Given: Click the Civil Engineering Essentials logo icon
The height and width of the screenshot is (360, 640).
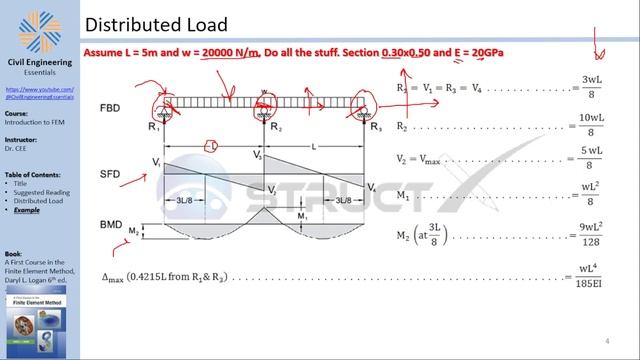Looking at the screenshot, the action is click(40, 30).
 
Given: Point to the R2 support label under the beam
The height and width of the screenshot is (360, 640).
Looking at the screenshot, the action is click(277, 129).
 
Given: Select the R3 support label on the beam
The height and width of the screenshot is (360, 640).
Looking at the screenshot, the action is click(375, 128).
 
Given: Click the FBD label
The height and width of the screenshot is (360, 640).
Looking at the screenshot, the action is click(112, 108).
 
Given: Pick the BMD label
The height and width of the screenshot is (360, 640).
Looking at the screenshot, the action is click(112, 224).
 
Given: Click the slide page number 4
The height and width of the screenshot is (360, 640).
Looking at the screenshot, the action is click(607, 341).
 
